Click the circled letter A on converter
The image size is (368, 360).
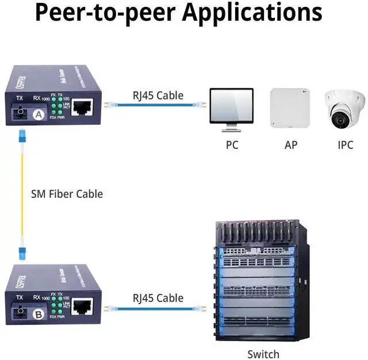(39, 115)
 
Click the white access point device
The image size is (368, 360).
(290, 108)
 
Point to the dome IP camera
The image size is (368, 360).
(345, 109)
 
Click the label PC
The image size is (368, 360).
(232, 145)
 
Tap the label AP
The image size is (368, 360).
(291, 145)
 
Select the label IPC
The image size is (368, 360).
(345, 145)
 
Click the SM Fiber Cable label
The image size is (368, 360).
(67, 194)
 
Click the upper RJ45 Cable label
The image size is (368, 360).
(158, 95)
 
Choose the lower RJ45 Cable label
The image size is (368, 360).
(158, 298)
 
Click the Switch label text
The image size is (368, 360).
(263, 354)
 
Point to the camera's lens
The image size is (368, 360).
(340, 119)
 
